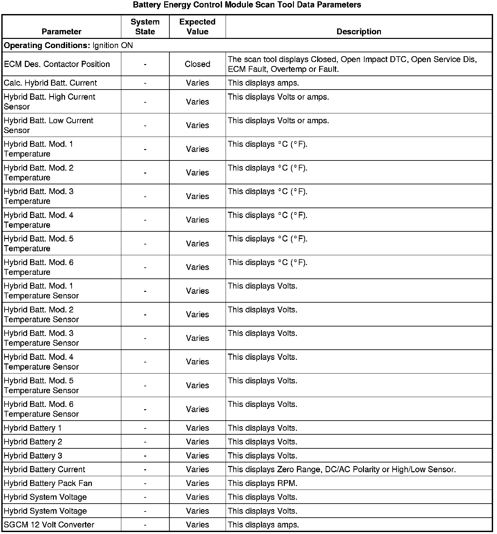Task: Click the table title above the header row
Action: (x=247, y=5)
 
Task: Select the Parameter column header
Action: (x=61, y=32)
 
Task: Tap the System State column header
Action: (x=145, y=27)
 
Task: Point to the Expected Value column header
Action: (x=197, y=27)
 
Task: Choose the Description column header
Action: (x=359, y=32)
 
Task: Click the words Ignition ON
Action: (x=112, y=45)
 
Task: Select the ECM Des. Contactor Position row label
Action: (x=57, y=64)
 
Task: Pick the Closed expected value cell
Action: (x=197, y=64)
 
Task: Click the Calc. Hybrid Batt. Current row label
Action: (x=50, y=83)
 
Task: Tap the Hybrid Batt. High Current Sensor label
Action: (x=49, y=102)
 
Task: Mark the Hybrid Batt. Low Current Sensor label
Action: (x=48, y=125)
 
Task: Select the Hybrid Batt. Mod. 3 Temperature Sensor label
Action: (x=41, y=338)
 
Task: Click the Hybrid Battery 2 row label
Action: (x=33, y=442)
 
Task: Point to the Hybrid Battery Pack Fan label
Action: (x=48, y=483)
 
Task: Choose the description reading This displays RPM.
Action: (x=263, y=483)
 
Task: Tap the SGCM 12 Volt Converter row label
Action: (x=49, y=525)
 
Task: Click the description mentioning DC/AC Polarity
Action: (x=342, y=470)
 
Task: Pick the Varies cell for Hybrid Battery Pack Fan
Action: (x=197, y=483)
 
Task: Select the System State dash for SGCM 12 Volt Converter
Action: (x=145, y=525)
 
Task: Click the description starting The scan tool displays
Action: (x=352, y=64)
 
